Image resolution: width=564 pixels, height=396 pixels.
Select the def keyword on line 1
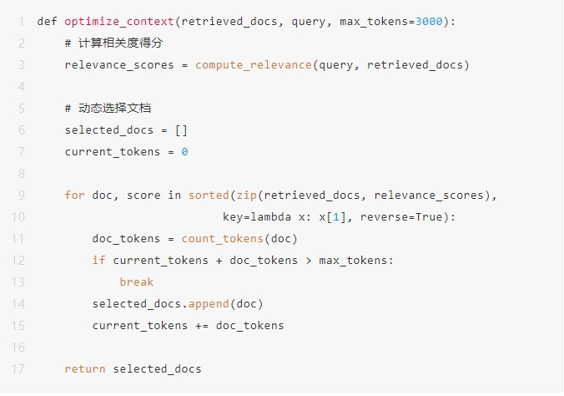tap(47, 21)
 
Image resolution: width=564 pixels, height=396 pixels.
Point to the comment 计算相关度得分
tap(115, 43)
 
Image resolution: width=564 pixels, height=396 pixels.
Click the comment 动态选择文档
tap(115, 108)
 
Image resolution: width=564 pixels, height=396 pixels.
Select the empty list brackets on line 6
tap(182, 129)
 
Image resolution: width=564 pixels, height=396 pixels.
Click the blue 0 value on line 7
tap(184, 151)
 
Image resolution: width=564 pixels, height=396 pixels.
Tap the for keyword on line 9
tap(74, 195)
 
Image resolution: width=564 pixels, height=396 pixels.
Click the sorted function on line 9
tap(209, 195)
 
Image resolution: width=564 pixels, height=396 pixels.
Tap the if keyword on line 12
tap(98, 260)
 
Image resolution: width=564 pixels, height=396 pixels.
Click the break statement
tap(136, 282)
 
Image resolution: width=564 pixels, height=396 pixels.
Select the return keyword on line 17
tap(84, 368)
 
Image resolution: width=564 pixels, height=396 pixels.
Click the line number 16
tap(19, 347)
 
